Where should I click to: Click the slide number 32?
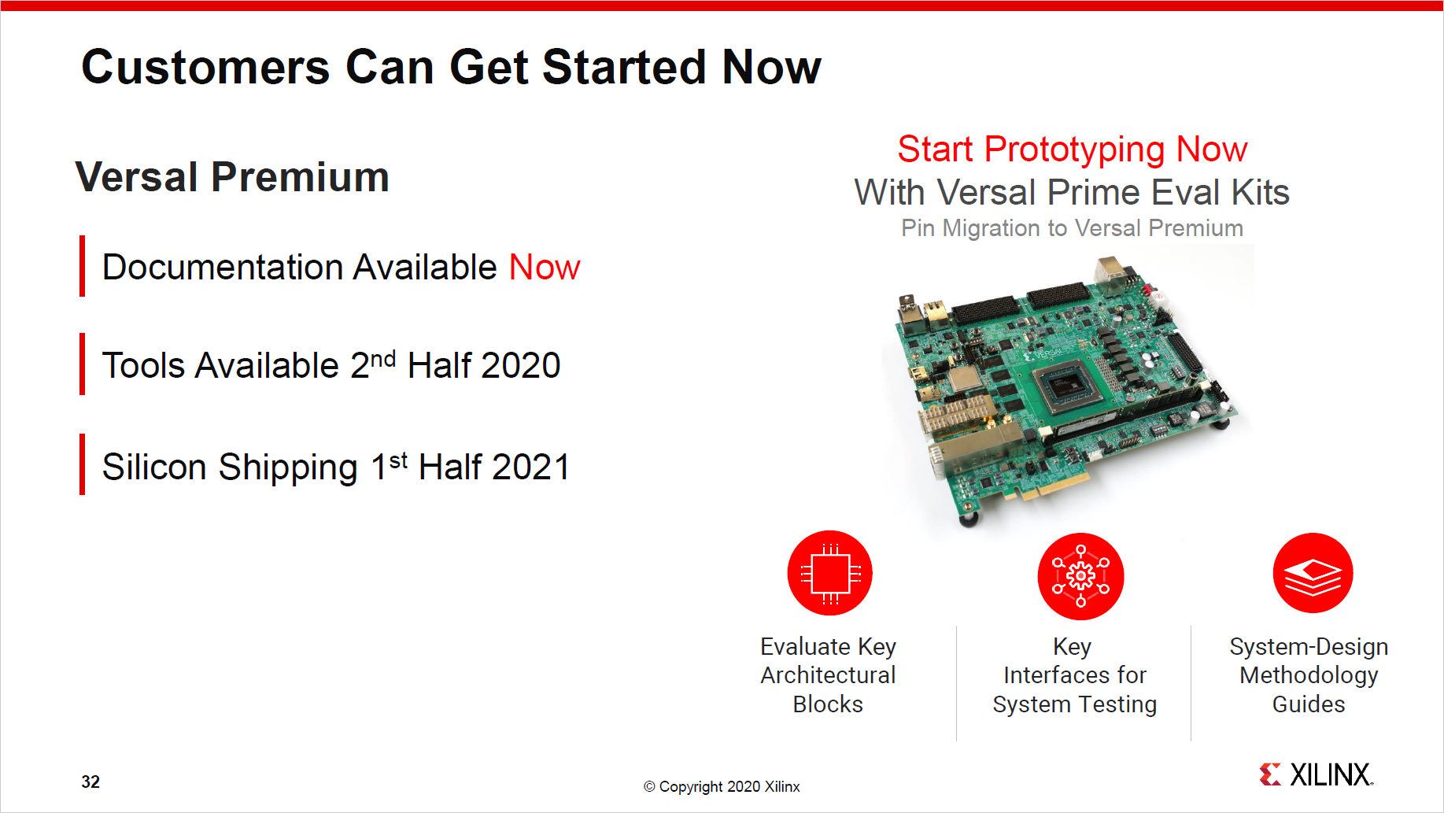pos(90,782)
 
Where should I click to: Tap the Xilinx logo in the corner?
pos(1316,774)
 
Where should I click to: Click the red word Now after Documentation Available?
pos(545,268)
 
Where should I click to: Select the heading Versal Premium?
pos(232,177)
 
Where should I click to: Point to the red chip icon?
pos(829,573)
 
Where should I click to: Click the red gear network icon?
pos(1080,576)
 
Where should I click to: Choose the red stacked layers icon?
pos(1313,573)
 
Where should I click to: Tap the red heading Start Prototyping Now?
pos(1072,150)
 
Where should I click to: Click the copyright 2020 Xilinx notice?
pos(722,786)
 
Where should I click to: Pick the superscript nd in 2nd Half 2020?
pos(382,359)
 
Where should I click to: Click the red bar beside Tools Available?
pos(82,364)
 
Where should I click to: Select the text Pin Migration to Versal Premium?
pos(1072,228)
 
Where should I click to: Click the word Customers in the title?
pos(205,68)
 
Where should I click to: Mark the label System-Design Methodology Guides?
pos(1309,675)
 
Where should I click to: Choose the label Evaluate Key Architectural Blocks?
pos(828,675)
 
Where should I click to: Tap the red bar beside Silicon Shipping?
pos(82,464)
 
